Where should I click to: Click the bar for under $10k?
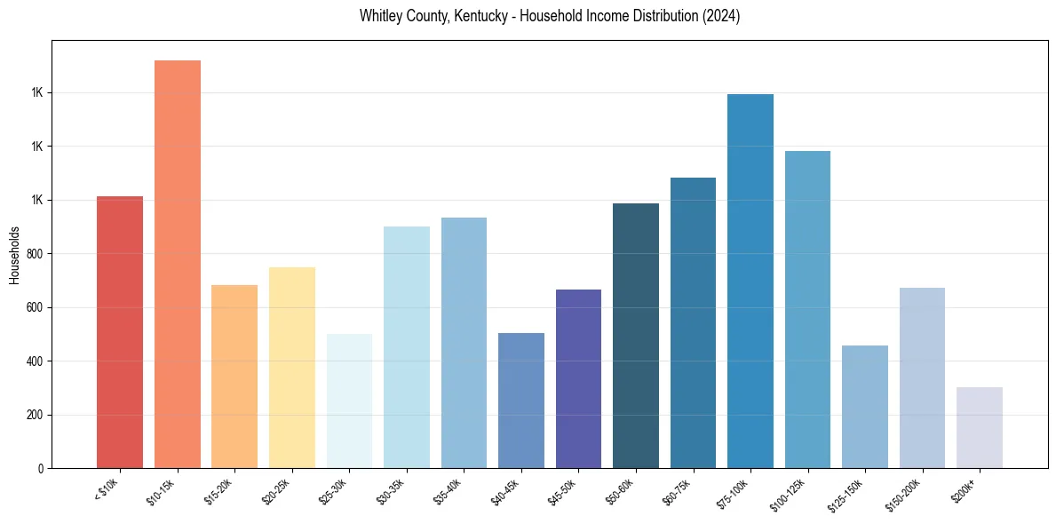[x=120, y=332]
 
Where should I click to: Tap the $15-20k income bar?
[x=234, y=377]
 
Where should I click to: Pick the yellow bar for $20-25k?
[x=291, y=368]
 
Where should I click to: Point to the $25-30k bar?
[x=349, y=401]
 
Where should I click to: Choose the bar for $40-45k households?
[x=520, y=401]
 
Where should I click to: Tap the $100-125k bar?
[x=807, y=310]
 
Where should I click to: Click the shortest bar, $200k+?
[x=980, y=428]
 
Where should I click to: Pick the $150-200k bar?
[x=922, y=378]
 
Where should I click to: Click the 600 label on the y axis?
[x=36, y=307]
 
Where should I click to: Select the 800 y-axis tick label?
[x=36, y=254]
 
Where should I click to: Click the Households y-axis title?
[x=14, y=255]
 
